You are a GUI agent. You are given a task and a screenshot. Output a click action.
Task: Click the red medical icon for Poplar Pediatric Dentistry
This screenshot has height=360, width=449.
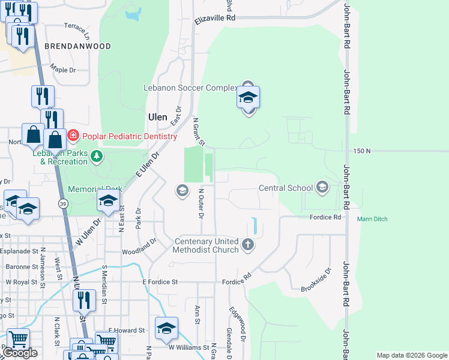(x=73, y=136)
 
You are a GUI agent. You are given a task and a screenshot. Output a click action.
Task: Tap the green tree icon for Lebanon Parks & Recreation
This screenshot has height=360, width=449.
(x=96, y=157)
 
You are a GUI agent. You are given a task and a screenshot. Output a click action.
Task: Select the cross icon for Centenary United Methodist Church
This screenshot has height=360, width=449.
(x=248, y=244)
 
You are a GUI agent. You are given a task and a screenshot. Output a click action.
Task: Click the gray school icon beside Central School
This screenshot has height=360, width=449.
(x=322, y=188)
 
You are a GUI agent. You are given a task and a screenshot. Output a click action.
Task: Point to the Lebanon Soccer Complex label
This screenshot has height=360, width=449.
(x=190, y=88)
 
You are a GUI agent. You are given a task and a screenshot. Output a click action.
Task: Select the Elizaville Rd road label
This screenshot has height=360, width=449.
(x=214, y=19)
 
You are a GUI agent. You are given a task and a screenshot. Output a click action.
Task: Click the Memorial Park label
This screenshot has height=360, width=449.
(x=95, y=189)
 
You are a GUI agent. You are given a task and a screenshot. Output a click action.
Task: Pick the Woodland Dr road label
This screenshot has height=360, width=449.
(x=139, y=246)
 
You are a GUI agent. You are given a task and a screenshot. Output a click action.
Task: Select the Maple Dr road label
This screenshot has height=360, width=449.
(x=63, y=69)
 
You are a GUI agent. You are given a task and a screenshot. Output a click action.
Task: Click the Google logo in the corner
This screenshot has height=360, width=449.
(x=20, y=353)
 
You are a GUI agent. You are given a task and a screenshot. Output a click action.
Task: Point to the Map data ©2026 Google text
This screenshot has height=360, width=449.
(x=411, y=355)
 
